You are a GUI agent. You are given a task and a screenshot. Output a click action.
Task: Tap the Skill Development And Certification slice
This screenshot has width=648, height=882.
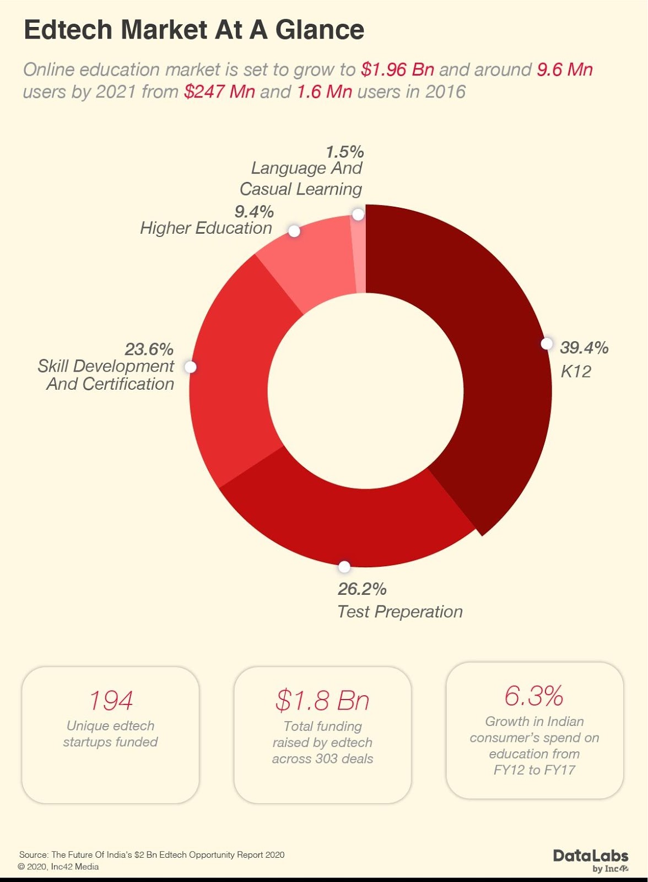click(x=231, y=375)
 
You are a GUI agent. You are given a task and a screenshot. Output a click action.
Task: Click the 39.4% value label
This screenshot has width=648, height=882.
click(x=584, y=348)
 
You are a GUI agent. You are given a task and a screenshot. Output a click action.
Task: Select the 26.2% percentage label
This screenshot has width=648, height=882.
click(x=362, y=589)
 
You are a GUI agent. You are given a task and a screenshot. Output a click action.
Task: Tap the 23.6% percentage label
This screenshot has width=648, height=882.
click(x=149, y=349)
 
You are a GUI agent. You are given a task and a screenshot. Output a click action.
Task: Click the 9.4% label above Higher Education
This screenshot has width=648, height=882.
click(x=254, y=212)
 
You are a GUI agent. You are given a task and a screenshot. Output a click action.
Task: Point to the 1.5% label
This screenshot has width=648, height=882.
click(x=344, y=152)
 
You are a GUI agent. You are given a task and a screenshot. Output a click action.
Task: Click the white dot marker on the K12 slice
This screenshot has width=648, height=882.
click(x=546, y=344)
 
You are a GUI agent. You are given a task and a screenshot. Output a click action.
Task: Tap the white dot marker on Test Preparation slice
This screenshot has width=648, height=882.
click(x=344, y=567)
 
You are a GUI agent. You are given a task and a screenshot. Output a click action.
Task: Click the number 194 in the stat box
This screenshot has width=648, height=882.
click(x=111, y=701)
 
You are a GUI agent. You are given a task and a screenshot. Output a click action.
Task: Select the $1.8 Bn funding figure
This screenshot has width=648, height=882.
click(x=322, y=701)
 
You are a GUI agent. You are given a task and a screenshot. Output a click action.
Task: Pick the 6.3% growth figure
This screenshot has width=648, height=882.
click(x=533, y=696)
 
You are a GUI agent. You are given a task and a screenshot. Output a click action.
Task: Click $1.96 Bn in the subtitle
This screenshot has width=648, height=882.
click(x=397, y=70)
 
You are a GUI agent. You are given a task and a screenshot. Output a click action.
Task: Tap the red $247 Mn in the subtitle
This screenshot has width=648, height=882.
click(x=219, y=92)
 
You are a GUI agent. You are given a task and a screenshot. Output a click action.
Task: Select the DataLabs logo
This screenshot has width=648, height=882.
click(x=591, y=859)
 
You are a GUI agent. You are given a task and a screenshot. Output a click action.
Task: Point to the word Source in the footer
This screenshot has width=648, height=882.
click(x=34, y=855)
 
